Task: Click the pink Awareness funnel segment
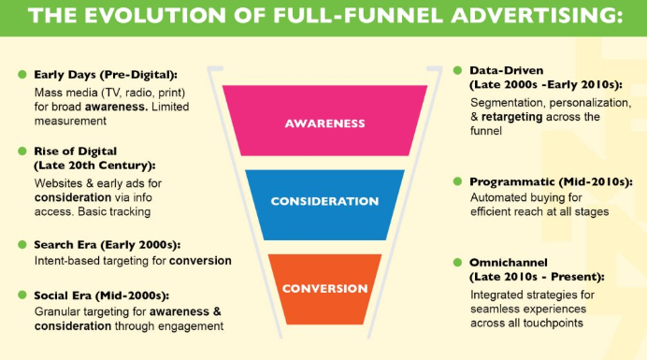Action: click(x=324, y=121)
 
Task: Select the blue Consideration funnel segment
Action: click(x=324, y=205)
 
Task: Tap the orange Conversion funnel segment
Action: click(x=324, y=289)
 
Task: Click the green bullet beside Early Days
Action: click(x=22, y=74)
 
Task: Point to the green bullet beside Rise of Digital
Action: click(x=22, y=151)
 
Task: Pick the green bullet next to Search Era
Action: click(x=22, y=244)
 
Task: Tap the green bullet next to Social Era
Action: click(x=22, y=295)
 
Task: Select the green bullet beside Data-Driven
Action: click(x=457, y=70)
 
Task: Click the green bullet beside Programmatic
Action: click(x=457, y=181)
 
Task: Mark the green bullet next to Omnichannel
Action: click(x=457, y=262)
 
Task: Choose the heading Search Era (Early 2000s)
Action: click(x=108, y=245)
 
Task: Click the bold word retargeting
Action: click(x=511, y=117)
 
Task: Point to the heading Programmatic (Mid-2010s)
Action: click(x=551, y=182)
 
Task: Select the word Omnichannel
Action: click(x=509, y=263)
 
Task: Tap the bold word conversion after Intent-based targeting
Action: click(x=200, y=261)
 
